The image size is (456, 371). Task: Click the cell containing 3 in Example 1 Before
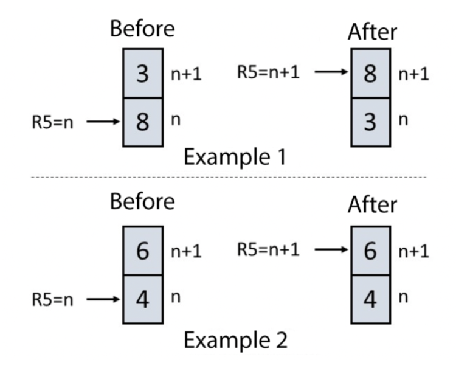pos(143,74)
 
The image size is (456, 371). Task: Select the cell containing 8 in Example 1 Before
pos(143,122)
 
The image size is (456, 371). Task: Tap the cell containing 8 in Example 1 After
pos(370,74)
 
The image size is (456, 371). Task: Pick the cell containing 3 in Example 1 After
pos(370,122)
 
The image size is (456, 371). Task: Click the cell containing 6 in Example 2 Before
pos(143,251)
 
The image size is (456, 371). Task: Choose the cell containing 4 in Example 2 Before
pos(143,299)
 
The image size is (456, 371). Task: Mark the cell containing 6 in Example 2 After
pos(370,251)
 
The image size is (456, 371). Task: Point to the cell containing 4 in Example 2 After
pos(370,299)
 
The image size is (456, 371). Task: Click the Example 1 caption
pos(237,157)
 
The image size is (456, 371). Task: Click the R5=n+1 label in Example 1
pos(268,73)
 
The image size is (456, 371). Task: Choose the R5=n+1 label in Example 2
pos(268,250)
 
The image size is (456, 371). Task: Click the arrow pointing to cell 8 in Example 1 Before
pos(105,122)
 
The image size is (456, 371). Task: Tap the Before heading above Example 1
pos(142,29)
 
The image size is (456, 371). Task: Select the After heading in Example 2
pos(371,206)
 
